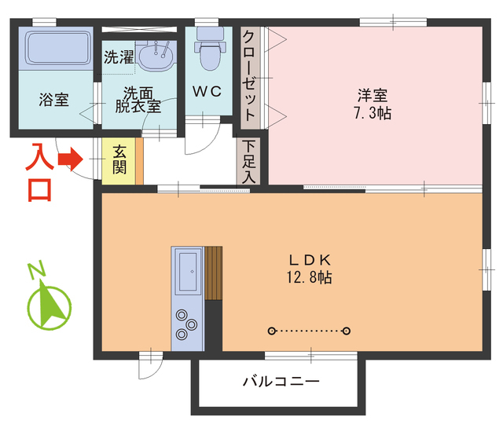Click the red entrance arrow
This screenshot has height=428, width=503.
(x=72, y=159)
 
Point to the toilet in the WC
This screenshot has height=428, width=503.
(x=209, y=51)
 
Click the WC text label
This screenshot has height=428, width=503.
(x=208, y=91)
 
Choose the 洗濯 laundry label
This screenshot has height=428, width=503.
(x=118, y=57)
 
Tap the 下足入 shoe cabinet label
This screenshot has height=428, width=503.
(x=249, y=162)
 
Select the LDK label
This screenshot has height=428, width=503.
(x=308, y=260)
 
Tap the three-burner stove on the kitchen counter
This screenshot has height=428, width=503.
(x=186, y=326)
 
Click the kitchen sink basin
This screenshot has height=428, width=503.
(x=189, y=273)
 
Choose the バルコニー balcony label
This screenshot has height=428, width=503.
(x=280, y=382)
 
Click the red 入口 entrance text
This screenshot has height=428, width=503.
(x=39, y=174)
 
